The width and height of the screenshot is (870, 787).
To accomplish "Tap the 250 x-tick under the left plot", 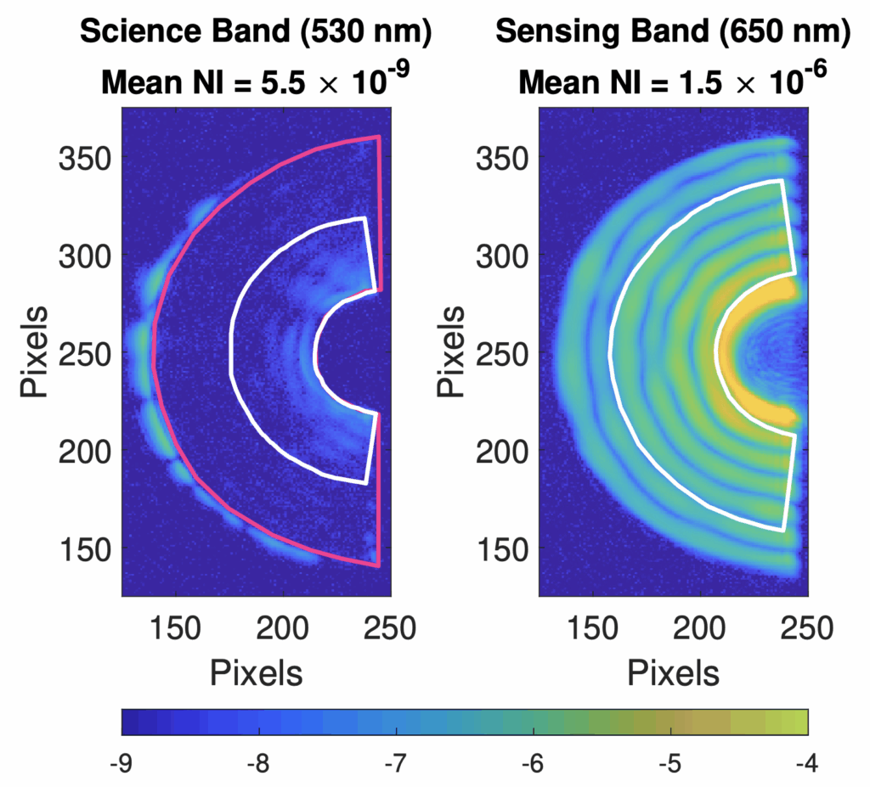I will [389, 630].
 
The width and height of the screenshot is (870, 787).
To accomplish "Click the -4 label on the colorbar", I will [806, 764].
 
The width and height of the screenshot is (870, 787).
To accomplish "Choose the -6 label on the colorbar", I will [533, 764].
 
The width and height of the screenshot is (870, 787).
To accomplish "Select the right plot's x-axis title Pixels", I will [674, 672].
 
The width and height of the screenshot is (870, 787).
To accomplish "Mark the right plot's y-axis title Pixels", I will [452, 351].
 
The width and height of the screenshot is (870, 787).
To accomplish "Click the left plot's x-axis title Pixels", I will [256, 672].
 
